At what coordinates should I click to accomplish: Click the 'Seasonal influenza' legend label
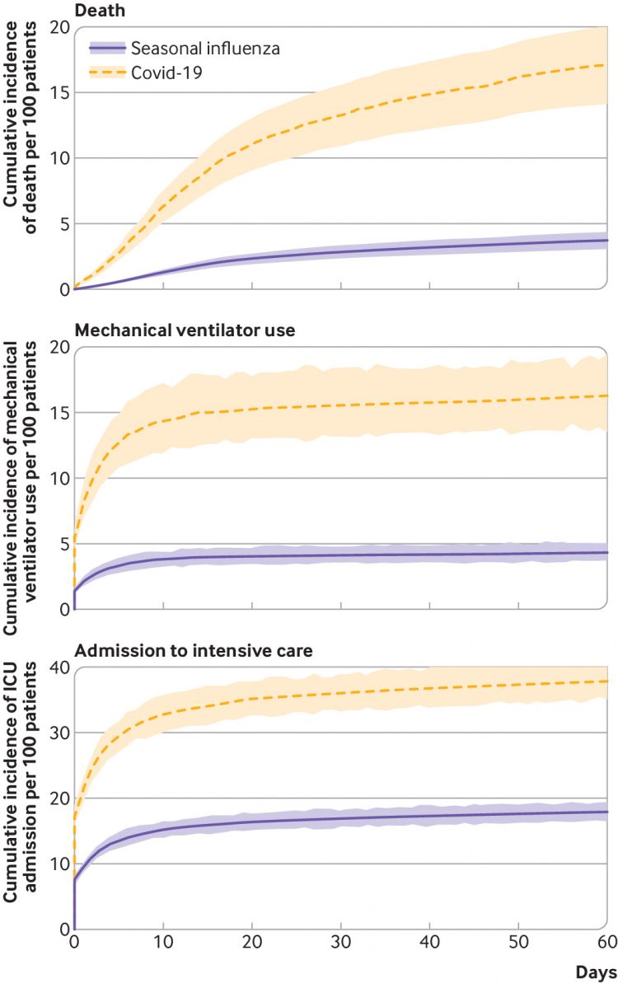pos(204,49)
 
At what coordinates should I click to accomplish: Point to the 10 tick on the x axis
pos(163,942)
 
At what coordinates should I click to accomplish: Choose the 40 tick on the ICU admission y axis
pos(57,667)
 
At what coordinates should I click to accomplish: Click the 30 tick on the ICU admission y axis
pos(57,733)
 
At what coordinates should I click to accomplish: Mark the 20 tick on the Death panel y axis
pos(57,27)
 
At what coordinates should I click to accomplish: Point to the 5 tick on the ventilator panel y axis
pos(62,544)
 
